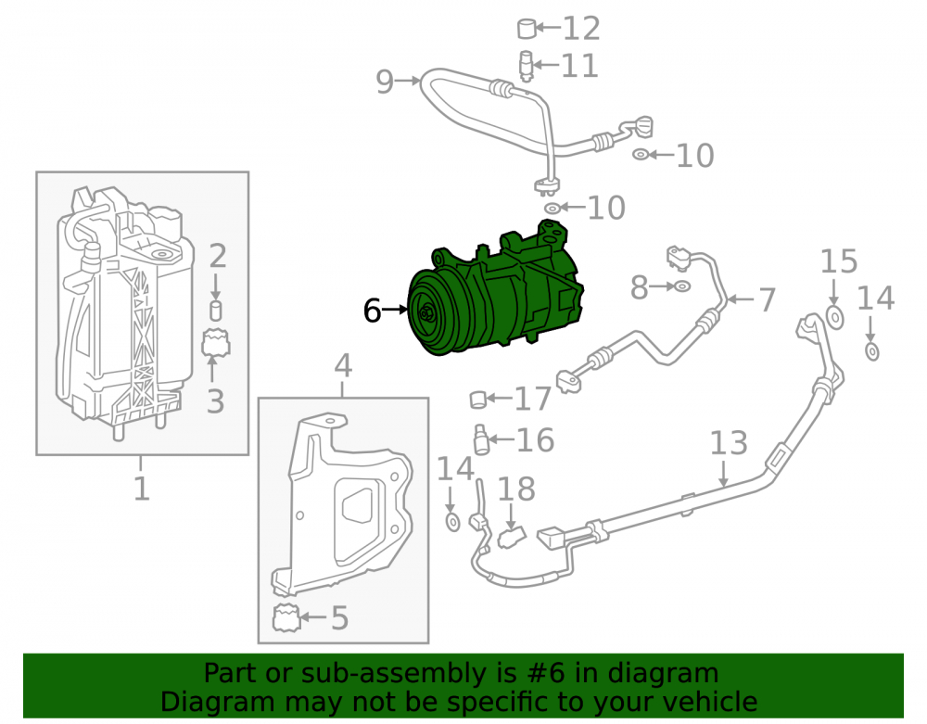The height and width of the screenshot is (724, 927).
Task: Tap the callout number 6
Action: coord(372,311)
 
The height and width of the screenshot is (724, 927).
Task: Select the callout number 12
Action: coord(581,29)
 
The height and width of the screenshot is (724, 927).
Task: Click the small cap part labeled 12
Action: coord(527,29)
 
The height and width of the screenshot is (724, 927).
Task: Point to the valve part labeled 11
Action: coord(526,66)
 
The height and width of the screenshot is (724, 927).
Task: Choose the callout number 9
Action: coord(385,82)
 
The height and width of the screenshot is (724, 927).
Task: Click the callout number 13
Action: coord(729,443)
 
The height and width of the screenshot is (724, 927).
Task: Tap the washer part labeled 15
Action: coord(834,317)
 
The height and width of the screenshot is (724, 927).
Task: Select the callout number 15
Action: coord(838,261)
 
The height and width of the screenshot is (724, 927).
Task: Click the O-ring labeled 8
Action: coord(681,286)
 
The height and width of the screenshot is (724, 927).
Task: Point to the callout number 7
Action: coord(767,299)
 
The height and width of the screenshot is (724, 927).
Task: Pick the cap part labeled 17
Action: coord(477,400)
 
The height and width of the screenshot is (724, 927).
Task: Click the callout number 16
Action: coord(535,439)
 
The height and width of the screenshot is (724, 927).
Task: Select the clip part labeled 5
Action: coord(286,618)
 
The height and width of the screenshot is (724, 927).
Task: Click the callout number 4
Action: coord(343,366)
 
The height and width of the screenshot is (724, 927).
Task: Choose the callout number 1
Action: coord(141,489)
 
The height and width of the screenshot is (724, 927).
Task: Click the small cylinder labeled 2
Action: coord(216,311)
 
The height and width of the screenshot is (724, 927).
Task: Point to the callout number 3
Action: coord(216,401)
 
